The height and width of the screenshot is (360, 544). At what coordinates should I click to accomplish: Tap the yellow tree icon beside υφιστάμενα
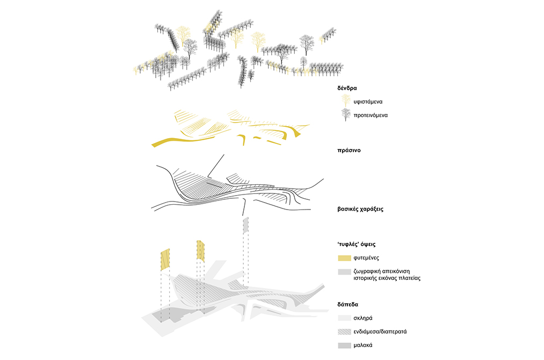tap(344, 100)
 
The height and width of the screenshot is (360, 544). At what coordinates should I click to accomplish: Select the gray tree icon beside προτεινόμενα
tap(344, 114)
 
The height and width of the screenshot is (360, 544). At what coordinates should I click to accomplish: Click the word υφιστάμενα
tap(368, 101)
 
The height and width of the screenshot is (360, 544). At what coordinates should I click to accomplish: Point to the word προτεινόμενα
tap(371, 115)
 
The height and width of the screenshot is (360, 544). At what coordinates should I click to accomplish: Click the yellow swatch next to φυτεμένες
tap(344, 258)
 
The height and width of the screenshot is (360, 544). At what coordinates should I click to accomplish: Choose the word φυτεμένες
tap(367, 258)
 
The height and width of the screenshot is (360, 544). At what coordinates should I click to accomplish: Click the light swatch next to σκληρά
tap(344, 318)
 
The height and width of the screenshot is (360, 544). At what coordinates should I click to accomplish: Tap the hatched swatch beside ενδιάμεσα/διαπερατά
tap(344, 332)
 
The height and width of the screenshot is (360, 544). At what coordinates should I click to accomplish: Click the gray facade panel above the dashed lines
tap(246, 226)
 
